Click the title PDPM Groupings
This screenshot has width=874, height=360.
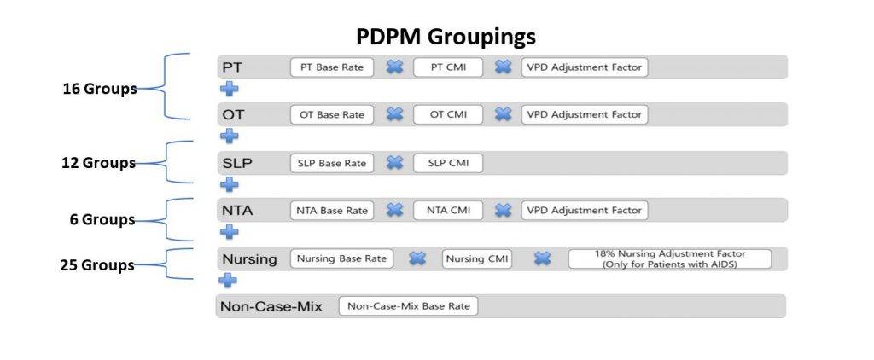pyautogui.click(x=446, y=37)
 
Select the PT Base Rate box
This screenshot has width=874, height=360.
pyautogui.click(x=332, y=67)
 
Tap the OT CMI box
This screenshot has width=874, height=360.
pyautogui.click(x=448, y=115)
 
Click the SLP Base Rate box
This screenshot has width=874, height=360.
pyautogui.click(x=332, y=163)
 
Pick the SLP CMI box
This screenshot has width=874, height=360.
pyautogui.click(x=448, y=163)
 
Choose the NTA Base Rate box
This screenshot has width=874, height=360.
pyautogui.click(x=332, y=211)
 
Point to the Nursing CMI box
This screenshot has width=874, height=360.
pyautogui.click(x=477, y=259)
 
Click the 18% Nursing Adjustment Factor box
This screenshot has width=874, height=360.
pyautogui.click(x=669, y=259)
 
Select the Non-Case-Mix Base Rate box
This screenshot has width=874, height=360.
pyautogui.click(x=408, y=306)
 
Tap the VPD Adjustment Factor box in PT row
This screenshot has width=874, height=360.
pyautogui.click(x=585, y=67)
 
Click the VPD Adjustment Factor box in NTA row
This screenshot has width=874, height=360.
pyautogui.click(x=585, y=211)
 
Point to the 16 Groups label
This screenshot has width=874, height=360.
pyautogui.click(x=100, y=89)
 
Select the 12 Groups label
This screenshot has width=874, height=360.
pyautogui.click(x=99, y=163)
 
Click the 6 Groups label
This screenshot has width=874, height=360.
pyautogui.click(x=102, y=219)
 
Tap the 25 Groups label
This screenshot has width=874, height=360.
pyautogui.click(x=97, y=265)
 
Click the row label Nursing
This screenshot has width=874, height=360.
pyautogui.click(x=249, y=259)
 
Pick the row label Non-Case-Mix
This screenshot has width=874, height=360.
pyautogui.click(x=271, y=306)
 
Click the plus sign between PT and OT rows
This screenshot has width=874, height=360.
pyautogui.click(x=229, y=90)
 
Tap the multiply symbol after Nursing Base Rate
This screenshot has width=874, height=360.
pyautogui.click(x=417, y=258)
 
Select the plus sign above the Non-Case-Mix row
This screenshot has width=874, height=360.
pyautogui.click(x=227, y=280)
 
